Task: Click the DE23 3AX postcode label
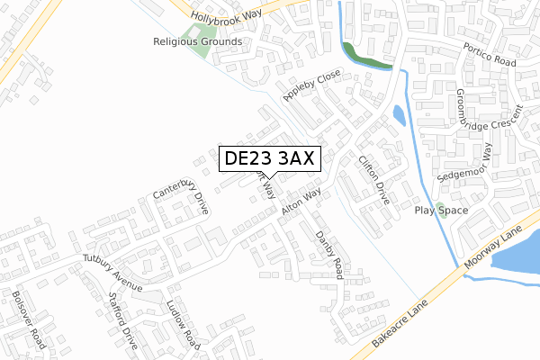pos(267,158)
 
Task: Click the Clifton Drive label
pos(373,181)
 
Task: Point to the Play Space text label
pos(441,211)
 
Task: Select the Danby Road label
pos(329,255)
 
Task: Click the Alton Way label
pos(301,201)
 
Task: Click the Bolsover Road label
pos(30,319)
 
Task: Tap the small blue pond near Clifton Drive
pos(399,116)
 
